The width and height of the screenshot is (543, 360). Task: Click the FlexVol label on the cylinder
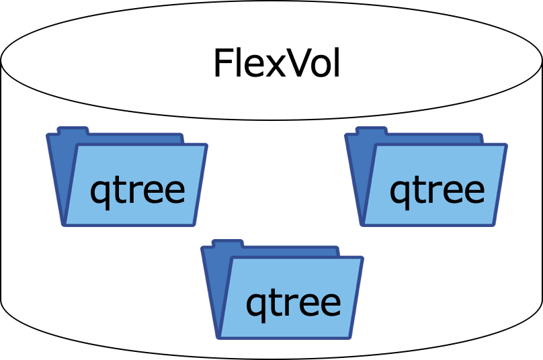coord(276,64)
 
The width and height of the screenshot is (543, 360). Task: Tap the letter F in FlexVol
coord(222,64)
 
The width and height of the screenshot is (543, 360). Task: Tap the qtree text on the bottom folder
coord(293,303)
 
